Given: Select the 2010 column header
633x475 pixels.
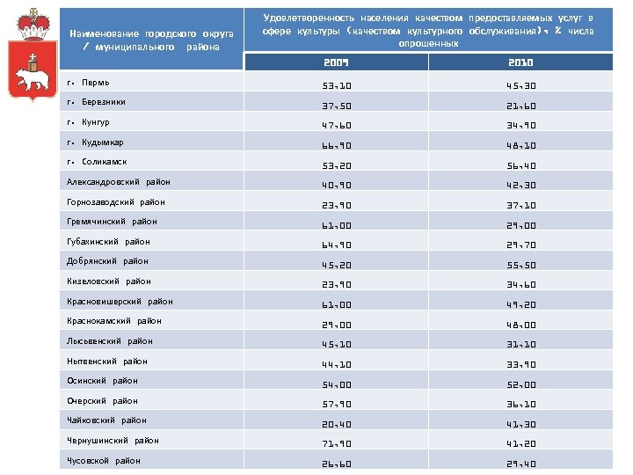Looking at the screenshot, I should pos(521,63).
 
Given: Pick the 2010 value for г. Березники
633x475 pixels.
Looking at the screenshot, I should pos(521,106).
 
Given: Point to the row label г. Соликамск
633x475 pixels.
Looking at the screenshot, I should pos(98,162).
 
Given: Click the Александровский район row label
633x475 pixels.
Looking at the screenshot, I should pos(119,181).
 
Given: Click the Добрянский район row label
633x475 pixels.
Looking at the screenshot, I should pos(107,261).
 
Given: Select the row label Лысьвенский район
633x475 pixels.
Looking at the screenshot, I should pos(110,341).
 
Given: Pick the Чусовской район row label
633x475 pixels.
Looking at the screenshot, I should pos(104,460).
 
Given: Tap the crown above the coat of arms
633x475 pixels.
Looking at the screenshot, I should pos(33,24).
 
